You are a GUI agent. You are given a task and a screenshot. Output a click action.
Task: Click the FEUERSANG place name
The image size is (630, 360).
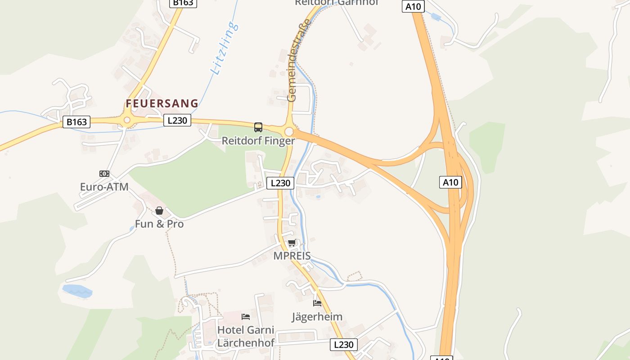tap(162, 103)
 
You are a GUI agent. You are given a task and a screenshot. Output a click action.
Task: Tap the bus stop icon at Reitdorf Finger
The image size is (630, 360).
tap(258, 127)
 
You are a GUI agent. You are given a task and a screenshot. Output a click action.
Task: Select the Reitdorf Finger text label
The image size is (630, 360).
tap(258, 141)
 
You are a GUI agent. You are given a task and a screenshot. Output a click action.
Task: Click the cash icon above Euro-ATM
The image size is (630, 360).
tap(104, 174)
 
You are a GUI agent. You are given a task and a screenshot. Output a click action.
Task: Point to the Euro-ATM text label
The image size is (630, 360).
tap(104, 187)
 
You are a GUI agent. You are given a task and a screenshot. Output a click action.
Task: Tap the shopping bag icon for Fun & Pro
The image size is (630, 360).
tap(159, 211)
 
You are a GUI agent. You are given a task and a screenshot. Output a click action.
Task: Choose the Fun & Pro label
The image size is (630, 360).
tap(159, 224)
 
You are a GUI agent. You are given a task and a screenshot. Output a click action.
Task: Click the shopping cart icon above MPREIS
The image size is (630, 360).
tap(292, 243)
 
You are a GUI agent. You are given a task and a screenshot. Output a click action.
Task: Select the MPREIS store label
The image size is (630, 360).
tap(292, 256)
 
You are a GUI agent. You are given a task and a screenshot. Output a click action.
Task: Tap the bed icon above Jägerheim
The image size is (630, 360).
tap(317, 303)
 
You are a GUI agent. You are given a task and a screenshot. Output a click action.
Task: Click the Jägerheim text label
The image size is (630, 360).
tap(317, 317)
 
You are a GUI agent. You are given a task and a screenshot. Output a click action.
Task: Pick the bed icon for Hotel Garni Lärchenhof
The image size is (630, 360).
tap(246, 317)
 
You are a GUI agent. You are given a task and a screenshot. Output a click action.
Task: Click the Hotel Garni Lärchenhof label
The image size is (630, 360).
tap(246, 336)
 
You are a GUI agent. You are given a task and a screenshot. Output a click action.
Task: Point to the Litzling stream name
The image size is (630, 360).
tap(224, 49)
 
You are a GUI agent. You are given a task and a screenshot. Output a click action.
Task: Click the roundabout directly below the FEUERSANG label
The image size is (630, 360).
tap(127, 120)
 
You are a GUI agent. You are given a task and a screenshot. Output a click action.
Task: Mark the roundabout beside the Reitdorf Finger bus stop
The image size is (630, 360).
tap(289, 132)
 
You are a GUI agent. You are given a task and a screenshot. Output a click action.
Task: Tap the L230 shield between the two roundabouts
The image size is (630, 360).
tap(177, 120)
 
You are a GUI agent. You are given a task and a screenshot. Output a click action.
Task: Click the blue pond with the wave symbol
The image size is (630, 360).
tap(77, 291)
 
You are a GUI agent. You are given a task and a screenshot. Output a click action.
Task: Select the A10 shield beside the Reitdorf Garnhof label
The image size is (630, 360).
tap(413, 6)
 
